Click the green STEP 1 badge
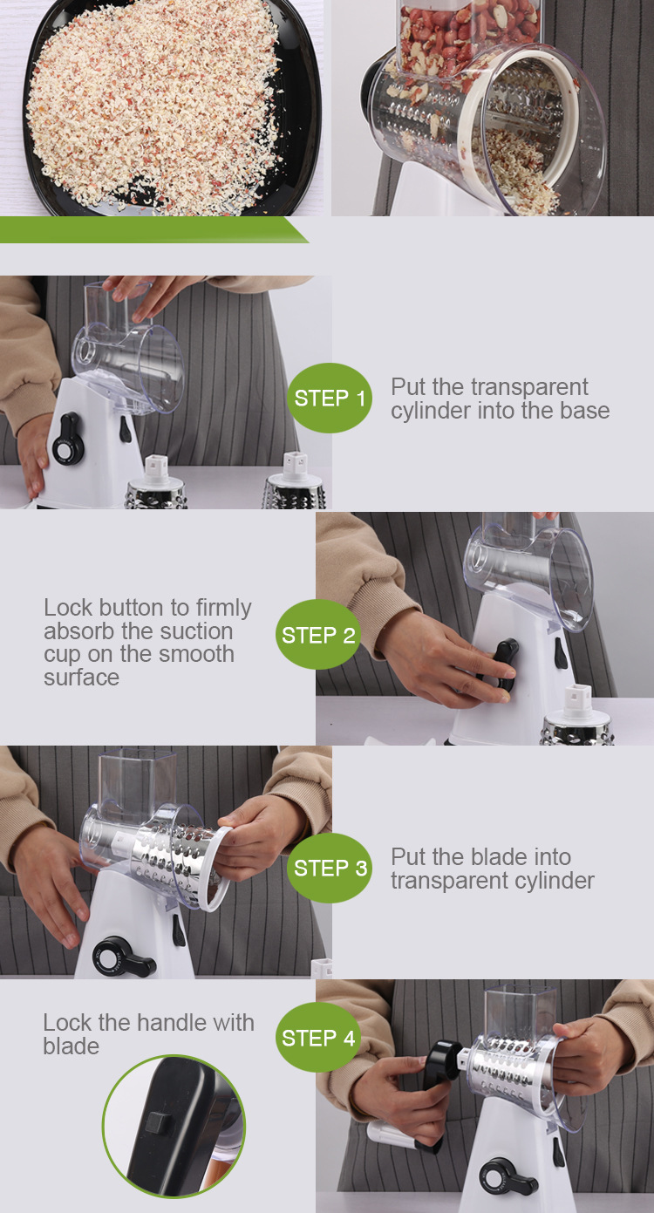329,398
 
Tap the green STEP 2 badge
317,634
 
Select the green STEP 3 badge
329,868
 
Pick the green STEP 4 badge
317,1038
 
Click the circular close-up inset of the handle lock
174,1126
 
